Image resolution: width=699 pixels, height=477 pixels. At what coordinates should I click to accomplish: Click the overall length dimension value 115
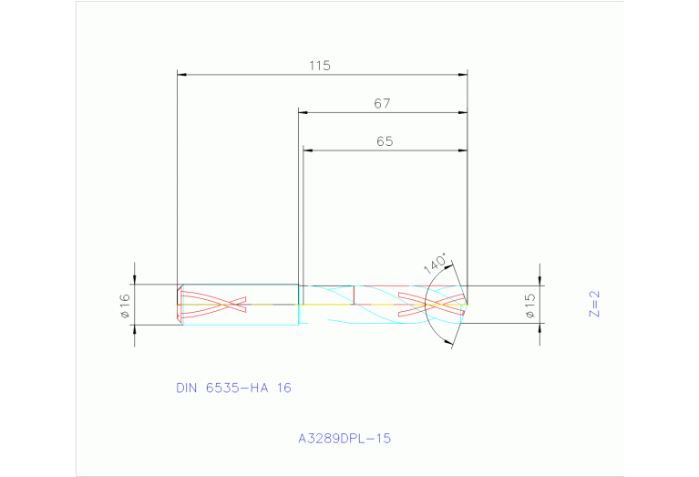[x=319, y=66]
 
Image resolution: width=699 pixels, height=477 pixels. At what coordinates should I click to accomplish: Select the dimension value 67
[x=382, y=104]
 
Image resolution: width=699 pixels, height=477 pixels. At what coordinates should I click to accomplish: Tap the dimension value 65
[x=384, y=141]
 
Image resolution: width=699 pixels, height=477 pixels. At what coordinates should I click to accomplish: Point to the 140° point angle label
[x=437, y=264]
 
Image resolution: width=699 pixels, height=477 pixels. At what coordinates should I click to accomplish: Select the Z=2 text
[x=594, y=304]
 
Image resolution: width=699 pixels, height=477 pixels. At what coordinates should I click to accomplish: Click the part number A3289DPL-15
[x=344, y=439]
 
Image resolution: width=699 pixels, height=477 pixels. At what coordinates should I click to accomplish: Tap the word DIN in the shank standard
[x=187, y=388]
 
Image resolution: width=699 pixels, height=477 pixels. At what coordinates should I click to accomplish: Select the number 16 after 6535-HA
[x=283, y=388]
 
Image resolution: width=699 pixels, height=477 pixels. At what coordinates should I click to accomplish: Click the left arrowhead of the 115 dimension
[x=182, y=75]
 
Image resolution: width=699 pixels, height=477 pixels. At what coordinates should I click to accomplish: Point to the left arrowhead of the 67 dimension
[x=304, y=113]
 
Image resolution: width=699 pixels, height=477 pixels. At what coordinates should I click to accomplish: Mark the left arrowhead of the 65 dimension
[x=308, y=150]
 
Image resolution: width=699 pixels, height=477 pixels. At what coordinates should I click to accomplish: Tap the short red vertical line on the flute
[x=353, y=294]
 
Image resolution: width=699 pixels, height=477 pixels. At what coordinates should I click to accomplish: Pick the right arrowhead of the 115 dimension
[x=463, y=75]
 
